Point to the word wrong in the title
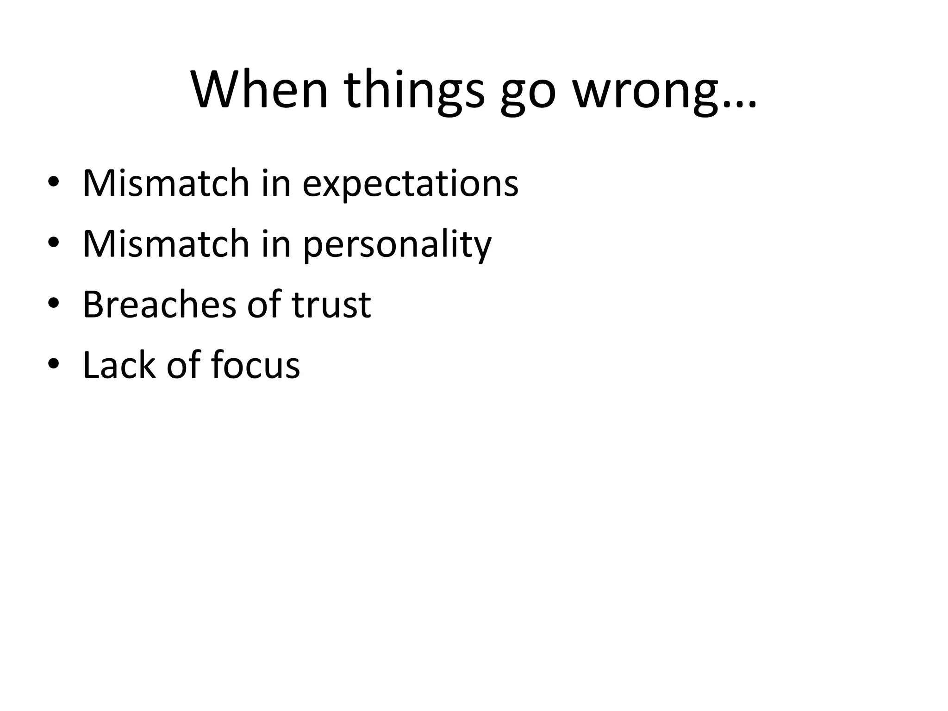pos(646,92)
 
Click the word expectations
pos(410,184)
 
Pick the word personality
pos(397,245)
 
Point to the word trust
pos(331,306)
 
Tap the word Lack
pos(118,365)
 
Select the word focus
pos(255,365)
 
